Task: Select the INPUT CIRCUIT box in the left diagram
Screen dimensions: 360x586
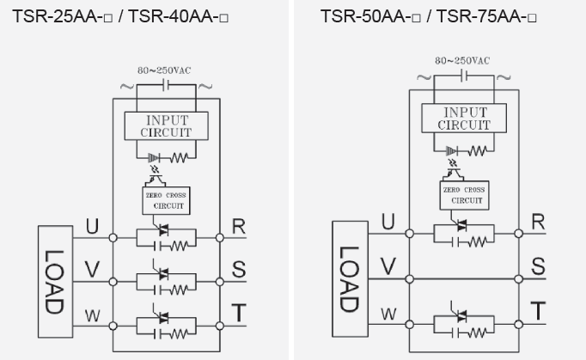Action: point(168,125)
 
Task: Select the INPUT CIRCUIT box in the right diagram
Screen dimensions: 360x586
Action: point(464,119)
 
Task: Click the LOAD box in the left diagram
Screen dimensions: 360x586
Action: point(54,281)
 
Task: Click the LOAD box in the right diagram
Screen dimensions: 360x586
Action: point(349,280)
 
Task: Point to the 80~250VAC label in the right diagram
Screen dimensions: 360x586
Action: point(462,61)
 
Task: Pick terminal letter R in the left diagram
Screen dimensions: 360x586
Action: point(239,227)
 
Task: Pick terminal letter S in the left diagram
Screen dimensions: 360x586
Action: point(239,270)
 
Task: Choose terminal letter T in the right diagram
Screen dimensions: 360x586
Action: point(538,311)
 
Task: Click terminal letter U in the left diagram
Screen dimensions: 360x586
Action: point(92,227)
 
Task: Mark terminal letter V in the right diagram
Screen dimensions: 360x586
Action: point(388,267)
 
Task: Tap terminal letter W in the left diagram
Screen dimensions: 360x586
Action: point(92,316)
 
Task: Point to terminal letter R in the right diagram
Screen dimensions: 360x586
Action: point(538,222)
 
